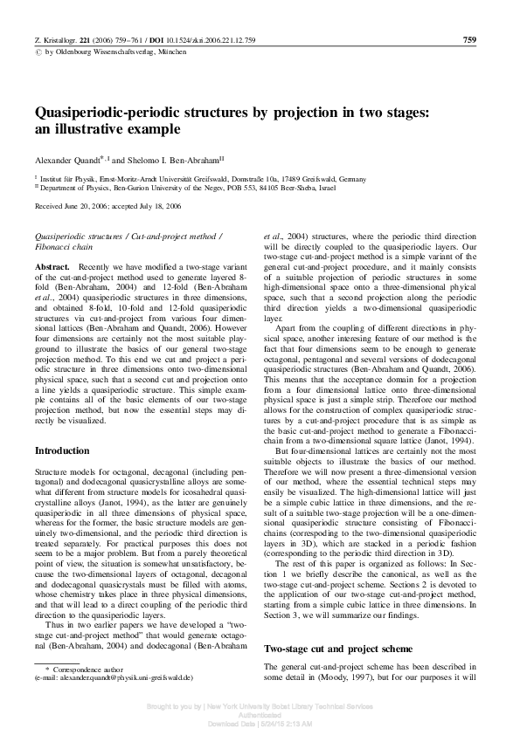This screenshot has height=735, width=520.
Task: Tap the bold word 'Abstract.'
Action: [52, 264]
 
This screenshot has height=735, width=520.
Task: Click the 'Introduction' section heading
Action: [62, 450]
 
